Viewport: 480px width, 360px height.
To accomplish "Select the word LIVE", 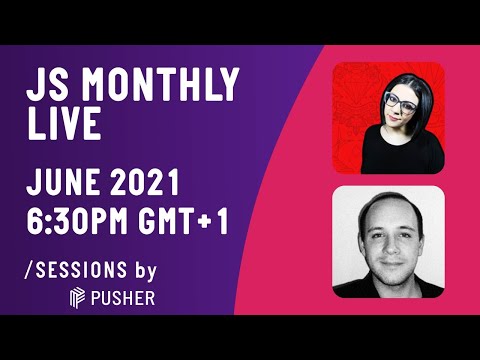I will coord(62,126).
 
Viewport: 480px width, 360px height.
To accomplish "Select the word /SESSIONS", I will coord(76,270).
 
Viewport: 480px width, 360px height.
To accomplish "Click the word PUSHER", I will coord(121,298).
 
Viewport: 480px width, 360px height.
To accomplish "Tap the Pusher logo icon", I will coord(77,298).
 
